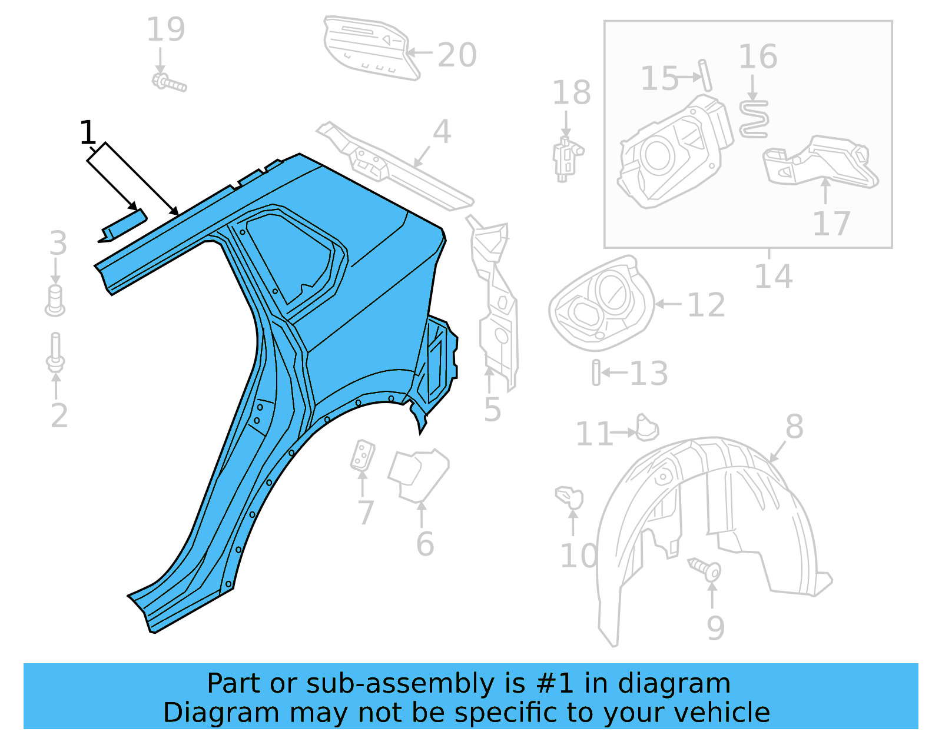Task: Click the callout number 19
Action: tap(165, 29)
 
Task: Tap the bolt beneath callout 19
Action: tap(169, 83)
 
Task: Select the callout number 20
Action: tap(457, 55)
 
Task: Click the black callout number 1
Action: tap(87, 132)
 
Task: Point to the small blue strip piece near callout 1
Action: tap(123, 226)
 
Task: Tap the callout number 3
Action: tap(58, 244)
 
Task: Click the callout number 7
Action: tap(366, 513)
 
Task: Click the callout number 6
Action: tap(425, 544)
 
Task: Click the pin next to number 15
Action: tap(705, 75)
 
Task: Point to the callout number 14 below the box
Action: tap(773, 276)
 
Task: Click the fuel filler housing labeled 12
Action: tap(601, 304)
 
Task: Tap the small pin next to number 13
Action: tap(596, 373)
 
